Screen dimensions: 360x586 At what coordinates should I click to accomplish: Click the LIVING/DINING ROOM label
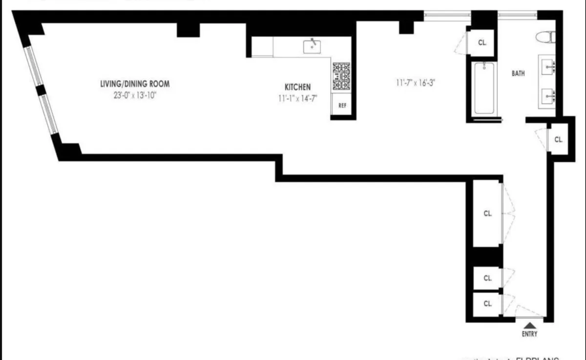click(x=134, y=84)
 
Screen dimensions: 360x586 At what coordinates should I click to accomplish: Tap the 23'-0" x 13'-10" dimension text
click(x=134, y=96)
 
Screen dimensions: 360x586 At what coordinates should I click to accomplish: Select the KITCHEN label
click(x=297, y=87)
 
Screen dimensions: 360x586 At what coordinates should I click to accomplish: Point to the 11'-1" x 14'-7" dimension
click(x=297, y=97)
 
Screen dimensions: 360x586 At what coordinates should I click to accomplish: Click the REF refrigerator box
click(x=342, y=105)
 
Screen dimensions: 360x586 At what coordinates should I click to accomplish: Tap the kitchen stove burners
click(x=342, y=77)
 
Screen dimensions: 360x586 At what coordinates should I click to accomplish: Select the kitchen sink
click(x=312, y=46)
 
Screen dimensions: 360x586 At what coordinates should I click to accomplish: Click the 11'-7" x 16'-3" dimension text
click(x=415, y=83)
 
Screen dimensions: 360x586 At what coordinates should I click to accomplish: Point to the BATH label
click(x=518, y=74)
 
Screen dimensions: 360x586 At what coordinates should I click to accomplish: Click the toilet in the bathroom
click(x=544, y=37)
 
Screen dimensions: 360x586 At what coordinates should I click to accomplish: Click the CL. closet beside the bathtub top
click(x=482, y=43)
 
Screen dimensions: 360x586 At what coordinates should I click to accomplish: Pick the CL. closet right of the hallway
click(x=559, y=139)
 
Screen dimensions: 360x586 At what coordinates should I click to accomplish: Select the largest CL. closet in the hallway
click(x=487, y=213)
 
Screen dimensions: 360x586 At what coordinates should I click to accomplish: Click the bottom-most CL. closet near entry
click(x=487, y=303)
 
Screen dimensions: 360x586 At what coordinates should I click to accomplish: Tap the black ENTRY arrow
click(x=529, y=324)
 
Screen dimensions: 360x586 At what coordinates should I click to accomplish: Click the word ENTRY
click(x=529, y=334)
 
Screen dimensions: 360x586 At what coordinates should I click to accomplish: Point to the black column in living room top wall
click(x=188, y=29)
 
